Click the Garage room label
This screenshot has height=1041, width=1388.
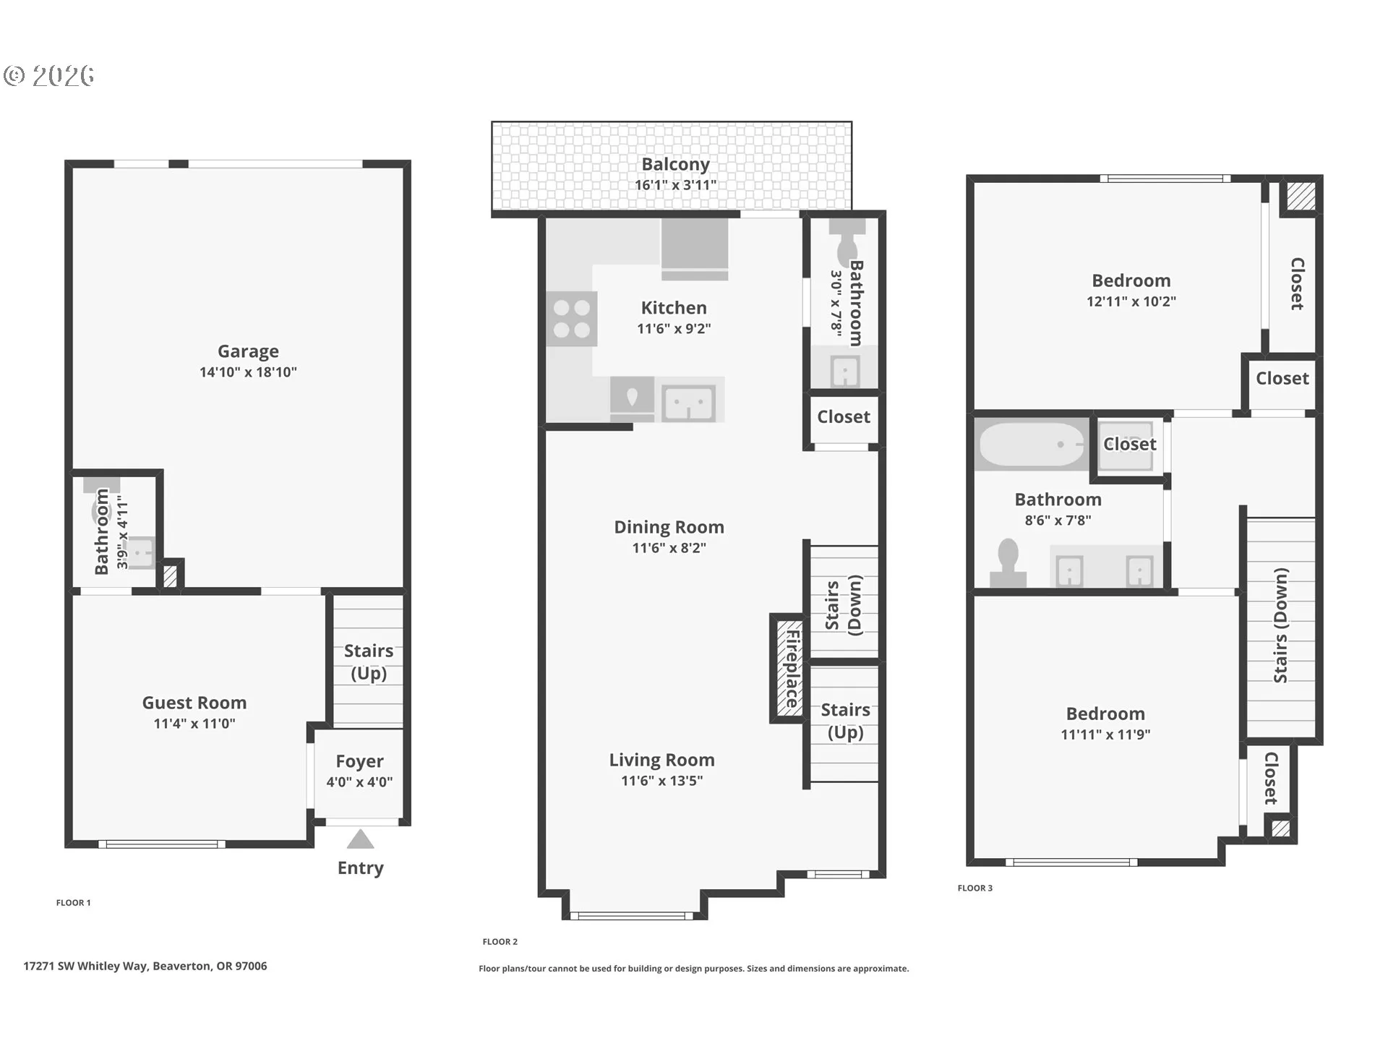tap(248, 351)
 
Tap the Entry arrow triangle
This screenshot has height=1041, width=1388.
tap(360, 840)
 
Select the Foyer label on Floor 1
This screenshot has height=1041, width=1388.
tap(359, 761)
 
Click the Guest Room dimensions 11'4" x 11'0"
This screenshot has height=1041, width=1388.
tap(194, 724)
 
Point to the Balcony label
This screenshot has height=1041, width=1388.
tap(675, 165)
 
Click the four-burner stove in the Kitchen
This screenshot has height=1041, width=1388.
tap(571, 319)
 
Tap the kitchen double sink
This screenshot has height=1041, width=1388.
tap(689, 402)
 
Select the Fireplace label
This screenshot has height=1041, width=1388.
tap(792, 669)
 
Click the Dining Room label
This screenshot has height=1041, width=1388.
tap(669, 527)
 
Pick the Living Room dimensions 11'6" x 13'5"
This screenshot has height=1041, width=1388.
tap(661, 781)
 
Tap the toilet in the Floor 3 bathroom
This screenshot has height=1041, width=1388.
tap(1008, 563)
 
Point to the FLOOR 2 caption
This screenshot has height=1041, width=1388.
tap(500, 941)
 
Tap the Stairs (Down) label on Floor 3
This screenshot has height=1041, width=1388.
tap(1280, 625)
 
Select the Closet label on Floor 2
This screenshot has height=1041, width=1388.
tap(843, 417)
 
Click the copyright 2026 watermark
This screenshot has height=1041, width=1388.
tap(48, 75)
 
